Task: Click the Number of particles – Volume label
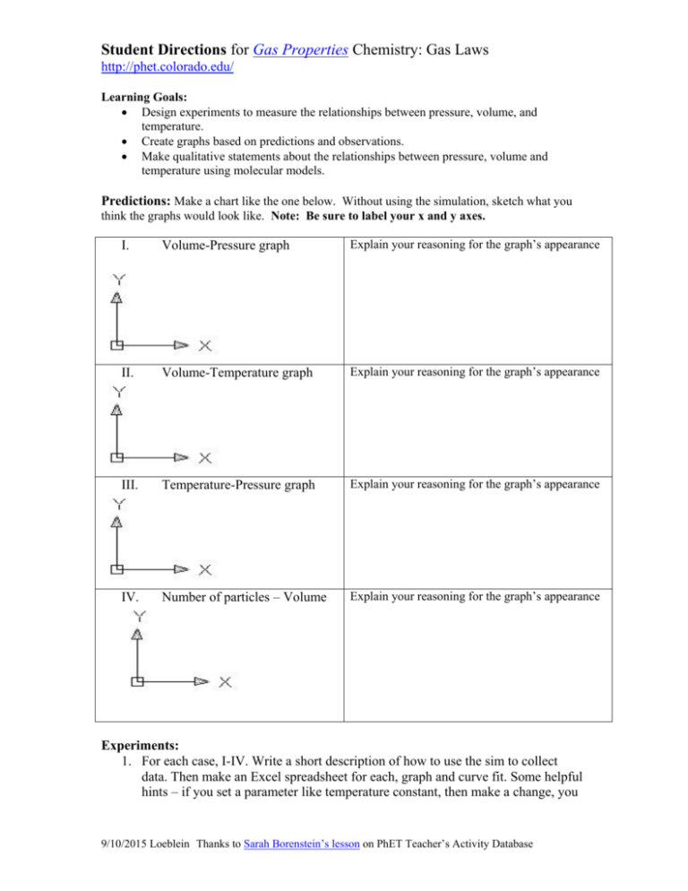click(x=243, y=594)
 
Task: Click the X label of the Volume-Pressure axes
click(x=205, y=345)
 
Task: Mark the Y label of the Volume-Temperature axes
click(x=116, y=392)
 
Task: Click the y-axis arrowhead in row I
click(x=116, y=298)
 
